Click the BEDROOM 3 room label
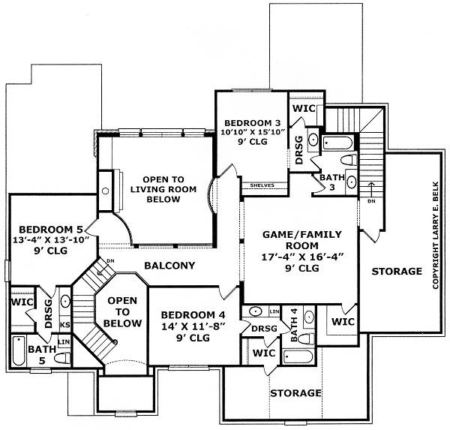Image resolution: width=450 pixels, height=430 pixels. (247, 123)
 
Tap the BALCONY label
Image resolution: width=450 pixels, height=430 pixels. (169, 266)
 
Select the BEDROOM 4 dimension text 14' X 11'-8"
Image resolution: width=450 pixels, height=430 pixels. (184, 326)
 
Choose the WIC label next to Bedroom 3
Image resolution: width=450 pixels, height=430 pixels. (304, 109)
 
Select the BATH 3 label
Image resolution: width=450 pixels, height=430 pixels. (331, 182)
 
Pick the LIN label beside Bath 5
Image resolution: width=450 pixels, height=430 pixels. (64, 342)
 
